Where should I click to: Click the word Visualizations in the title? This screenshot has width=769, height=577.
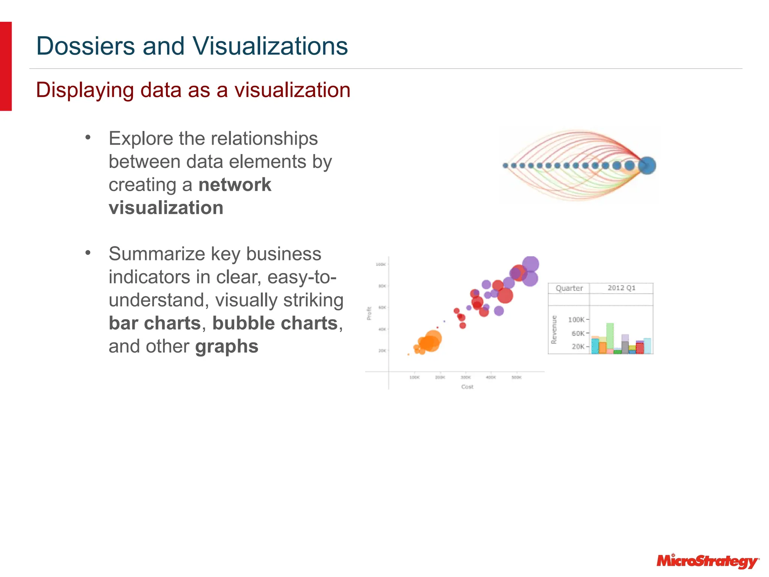pyautogui.click(x=270, y=46)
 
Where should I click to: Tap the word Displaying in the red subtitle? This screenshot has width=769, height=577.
pyautogui.click(x=85, y=91)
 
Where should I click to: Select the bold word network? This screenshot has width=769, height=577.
pyautogui.click(x=235, y=185)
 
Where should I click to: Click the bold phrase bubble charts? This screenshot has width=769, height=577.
pyautogui.click(x=275, y=323)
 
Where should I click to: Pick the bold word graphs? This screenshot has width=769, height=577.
pyautogui.click(x=227, y=346)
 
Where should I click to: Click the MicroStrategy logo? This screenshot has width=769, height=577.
pyautogui.click(x=708, y=561)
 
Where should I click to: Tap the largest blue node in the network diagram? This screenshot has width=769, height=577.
pyautogui.click(x=647, y=165)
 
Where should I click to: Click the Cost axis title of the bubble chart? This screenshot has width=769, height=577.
pyautogui.click(x=467, y=387)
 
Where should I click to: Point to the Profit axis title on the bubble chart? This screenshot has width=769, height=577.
pyautogui.click(x=369, y=313)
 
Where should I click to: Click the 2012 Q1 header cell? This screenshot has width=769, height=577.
pyautogui.click(x=621, y=288)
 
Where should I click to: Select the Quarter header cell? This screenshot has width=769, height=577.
pyautogui.click(x=569, y=288)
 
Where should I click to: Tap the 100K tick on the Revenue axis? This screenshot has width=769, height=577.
pyautogui.click(x=576, y=320)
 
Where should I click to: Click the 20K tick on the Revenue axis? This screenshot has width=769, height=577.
pyautogui.click(x=578, y=346)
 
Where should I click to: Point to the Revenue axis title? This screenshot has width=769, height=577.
pyautogui.click(x=554, y=329)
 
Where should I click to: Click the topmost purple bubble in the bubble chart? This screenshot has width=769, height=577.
pyautogui.click(x=531, y=264)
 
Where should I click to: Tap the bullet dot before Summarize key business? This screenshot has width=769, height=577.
pyautogui.click(x=88, y=252)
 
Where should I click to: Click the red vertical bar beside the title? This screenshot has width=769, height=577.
pyautogui.click(x=6, y=66)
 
